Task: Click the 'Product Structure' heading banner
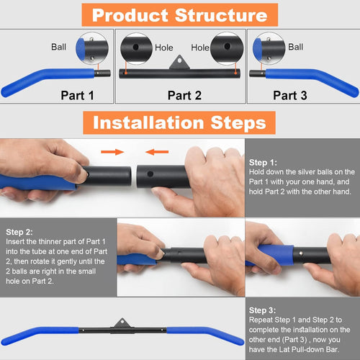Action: pyautogui.click(x=179, y=14)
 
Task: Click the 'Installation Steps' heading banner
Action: pyautogui.click(x=179, y=122)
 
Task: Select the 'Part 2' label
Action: pyautogui.click(x=184, y=94)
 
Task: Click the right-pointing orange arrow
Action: pyautogui.click(x=111, y=153)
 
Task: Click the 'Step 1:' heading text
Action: pyautogui.click(x=263, y=163)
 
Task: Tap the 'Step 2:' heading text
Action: pyautogui.click(x=19, y=232)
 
